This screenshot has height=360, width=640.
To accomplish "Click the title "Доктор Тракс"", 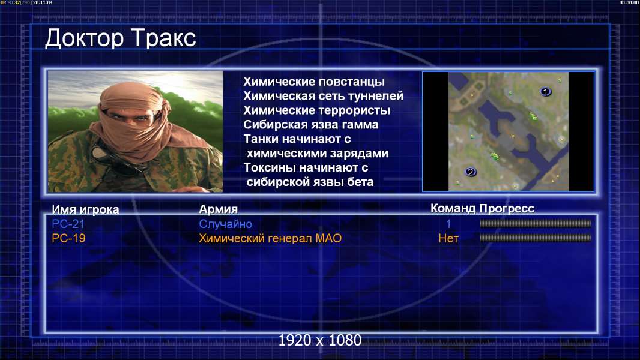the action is (x=121, y=39).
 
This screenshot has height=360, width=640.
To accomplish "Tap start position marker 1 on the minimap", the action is (x=545, y=92).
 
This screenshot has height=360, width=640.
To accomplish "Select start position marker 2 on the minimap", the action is (x=470, y=172).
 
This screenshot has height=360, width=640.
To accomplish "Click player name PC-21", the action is (x=68, y=224).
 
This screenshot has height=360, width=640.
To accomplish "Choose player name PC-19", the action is (x=68, y=238).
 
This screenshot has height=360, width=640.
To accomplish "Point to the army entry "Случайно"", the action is (x=225, y=224).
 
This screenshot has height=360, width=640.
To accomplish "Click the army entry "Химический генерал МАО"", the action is (x=270, y=238).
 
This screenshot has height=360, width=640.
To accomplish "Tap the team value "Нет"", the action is (x=448, y=238).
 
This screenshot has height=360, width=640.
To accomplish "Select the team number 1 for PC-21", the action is (x=448, y=224).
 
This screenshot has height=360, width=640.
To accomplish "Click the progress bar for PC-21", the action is (x=536, y=223).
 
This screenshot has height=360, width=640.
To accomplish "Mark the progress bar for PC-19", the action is (x=536, y=238).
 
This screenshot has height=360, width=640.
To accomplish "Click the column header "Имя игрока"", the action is (x=85, y=209).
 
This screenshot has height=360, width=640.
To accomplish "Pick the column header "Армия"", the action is (x=218, y=209).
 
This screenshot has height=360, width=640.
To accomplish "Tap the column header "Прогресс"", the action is (x=507, y=208).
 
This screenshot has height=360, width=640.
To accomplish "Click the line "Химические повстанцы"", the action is (x=314, y=82).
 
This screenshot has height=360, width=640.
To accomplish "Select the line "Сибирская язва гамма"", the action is (x=311, y=124).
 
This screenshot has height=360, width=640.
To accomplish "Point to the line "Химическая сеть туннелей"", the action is (x=323, y=96).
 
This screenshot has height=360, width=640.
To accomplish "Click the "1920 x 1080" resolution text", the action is (x=320, y=340).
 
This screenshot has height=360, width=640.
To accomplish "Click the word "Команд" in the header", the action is (x=453, y=208).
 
